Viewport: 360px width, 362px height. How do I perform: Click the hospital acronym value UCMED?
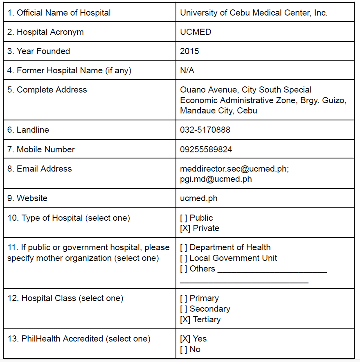tap(196, 32)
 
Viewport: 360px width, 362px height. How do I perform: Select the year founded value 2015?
tap(189, 51)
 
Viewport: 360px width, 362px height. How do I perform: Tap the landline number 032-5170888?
tap(205, 130)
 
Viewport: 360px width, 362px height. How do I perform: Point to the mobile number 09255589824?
tap(206, 149)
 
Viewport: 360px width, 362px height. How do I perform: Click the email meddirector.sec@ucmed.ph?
tap(234, 169)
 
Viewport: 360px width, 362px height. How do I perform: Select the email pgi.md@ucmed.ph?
tap(216, 179)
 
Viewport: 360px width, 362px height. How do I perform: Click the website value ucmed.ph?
tap(198, 198)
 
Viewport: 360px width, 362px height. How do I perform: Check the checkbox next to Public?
tap(184, 218)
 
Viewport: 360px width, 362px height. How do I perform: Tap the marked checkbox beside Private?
tap(185, 228)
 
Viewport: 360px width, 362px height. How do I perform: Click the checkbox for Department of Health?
tap(184, 247)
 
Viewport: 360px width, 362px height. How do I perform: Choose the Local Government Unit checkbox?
tap(184, 258)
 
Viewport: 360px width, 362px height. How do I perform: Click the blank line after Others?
tap(272, 270)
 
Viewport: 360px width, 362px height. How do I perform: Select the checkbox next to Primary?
tap(184, 298)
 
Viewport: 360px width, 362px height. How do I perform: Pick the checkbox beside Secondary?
tap(184, 309)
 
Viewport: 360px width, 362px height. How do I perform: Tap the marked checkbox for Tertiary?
tap(185, 319)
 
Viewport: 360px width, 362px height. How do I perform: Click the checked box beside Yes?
tap(185, 339)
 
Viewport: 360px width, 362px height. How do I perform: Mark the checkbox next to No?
tap(184, 349)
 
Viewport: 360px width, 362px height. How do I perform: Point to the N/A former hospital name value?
tap(187, 70)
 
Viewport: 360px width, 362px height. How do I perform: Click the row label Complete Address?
tap(47, 90)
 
